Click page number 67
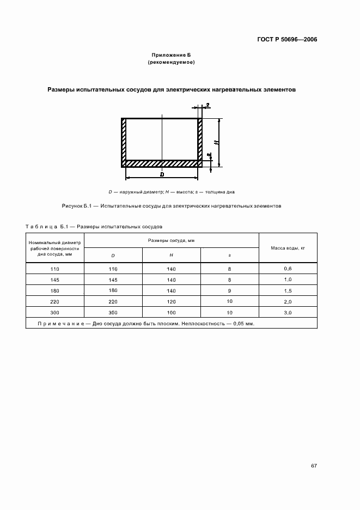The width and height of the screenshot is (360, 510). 314,466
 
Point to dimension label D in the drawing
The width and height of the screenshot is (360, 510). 162,174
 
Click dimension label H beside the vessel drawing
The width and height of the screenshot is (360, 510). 217,142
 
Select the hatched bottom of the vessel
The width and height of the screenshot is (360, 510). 162,163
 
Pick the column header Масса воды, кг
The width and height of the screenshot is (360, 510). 288,248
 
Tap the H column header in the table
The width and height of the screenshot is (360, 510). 171,255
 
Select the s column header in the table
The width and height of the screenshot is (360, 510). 229,255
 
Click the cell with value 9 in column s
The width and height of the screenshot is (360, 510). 229,290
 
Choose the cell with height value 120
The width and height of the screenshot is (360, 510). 171,301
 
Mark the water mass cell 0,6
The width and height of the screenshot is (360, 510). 288,269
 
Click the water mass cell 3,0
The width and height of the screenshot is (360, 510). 288,312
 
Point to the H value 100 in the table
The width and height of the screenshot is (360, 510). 171,312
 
